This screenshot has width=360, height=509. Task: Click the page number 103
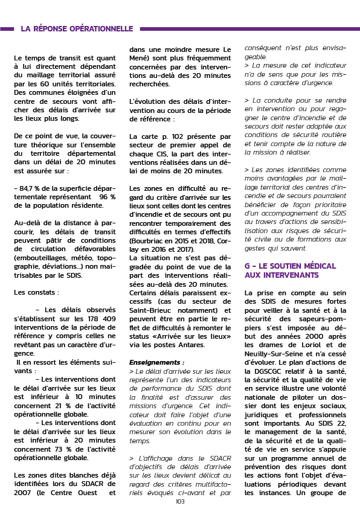180,502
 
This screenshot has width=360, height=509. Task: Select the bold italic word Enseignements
155,363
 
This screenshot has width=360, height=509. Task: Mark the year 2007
22,493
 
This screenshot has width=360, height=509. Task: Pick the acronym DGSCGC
267,371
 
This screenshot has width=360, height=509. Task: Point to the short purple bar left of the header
7,29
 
